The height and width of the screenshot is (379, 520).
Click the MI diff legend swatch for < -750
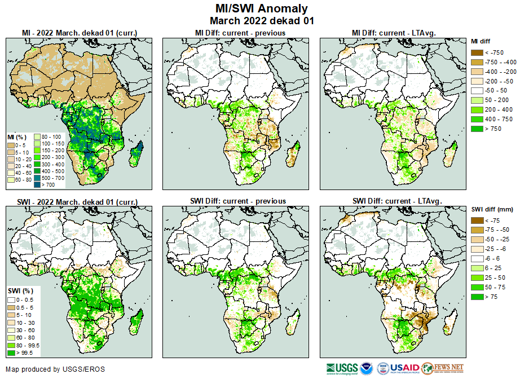pyautogui.click(x=477, y=52)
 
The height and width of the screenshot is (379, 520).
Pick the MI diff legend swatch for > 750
pyautogui.click(x=477, y=129)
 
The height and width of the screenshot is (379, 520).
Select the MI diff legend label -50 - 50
pyautogui.click(x=495, y=91)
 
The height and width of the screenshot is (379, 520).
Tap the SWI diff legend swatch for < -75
pyautogui.click(x=477, y=221)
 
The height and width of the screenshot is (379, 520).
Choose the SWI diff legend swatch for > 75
pyautogui.click(x=477, y=296)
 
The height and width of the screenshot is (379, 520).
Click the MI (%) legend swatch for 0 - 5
pyautogui.click(x=11, y=144)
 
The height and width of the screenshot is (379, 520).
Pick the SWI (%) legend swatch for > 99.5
pyautogui.click(x=11, y=353)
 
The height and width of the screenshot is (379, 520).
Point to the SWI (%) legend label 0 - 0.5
pyautogui.click(x=27, y=299)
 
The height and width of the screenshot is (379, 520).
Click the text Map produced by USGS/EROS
pyautogui.click(x=55, y=369)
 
